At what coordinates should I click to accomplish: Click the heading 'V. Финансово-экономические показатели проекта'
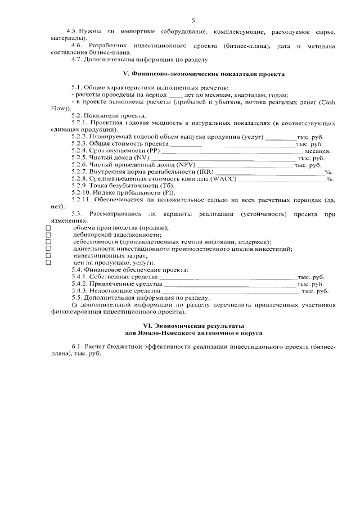coord(204,74)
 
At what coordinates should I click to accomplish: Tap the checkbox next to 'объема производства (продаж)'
coord(48,228)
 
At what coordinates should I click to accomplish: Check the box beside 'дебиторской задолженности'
coord(48,235)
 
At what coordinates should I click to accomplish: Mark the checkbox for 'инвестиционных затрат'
coord(48,255)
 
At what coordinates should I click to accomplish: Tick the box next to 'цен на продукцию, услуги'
coord(48,262)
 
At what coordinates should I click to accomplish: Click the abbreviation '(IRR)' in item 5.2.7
coord(205,172)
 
